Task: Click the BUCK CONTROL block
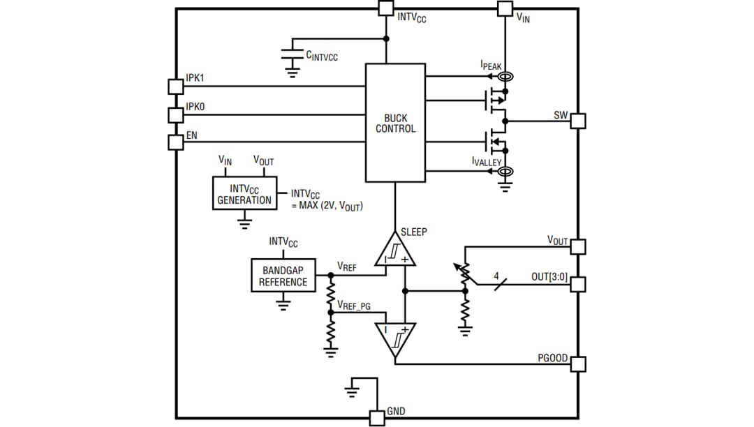[x=395, y=123]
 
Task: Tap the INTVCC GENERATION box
[x=244, y=194]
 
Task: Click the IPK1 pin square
[x=176, y=87]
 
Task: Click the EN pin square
[x=176, y=142]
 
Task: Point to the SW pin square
[x=577, y=121]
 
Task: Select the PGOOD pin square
[x=577, y=364]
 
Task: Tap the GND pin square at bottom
[x=376, y=418]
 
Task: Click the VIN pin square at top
[x=505, y=8]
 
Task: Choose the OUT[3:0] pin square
[x=577, y=284]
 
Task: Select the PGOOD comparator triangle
[x=395, y=338]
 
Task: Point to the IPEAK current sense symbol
[x=506, y=77]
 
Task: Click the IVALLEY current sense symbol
[x=506, y=171]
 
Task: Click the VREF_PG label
[x=358, y=305]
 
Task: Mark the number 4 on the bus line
[x=496, y=277]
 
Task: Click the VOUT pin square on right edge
[x=577, y=246]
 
